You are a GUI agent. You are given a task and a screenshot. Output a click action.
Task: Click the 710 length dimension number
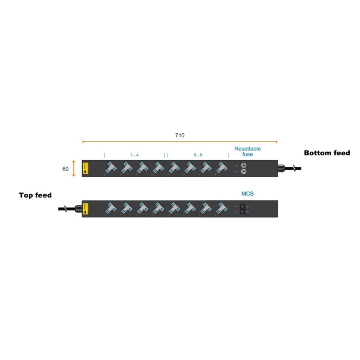point(180,135)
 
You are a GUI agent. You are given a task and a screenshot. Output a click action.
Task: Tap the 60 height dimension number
point(66,169)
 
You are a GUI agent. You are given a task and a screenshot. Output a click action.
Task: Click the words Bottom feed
point(327,153)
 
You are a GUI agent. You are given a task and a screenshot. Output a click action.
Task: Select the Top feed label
point(35,195)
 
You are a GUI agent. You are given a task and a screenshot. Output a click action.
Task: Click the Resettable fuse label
point(247,151)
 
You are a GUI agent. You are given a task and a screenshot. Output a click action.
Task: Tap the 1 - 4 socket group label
point(135,155)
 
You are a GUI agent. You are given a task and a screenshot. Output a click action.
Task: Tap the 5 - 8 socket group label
point(198,155)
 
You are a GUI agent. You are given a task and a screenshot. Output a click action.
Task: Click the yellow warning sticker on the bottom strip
point(85,209)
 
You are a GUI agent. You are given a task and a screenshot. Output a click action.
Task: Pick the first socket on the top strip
point(110,168)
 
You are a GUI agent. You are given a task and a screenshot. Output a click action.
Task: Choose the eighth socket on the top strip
point(220,168)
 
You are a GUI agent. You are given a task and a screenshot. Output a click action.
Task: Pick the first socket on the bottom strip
point(110,208)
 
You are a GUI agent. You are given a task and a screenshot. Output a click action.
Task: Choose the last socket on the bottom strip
point(220,208)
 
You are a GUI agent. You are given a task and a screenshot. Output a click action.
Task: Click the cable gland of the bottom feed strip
point(282,169)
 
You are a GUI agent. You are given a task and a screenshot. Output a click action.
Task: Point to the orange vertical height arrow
point(73,169)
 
